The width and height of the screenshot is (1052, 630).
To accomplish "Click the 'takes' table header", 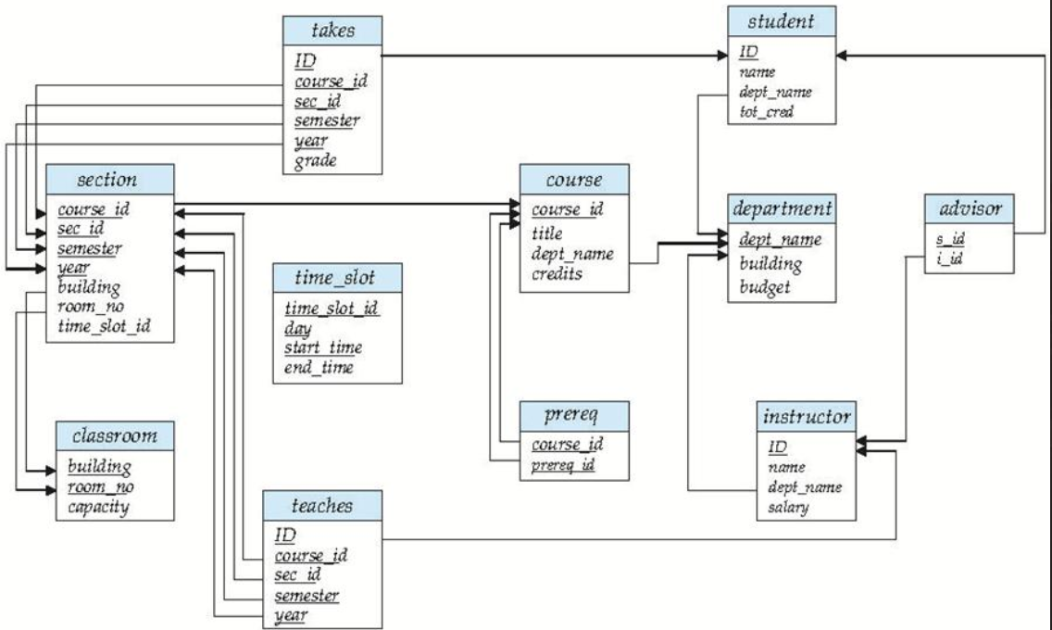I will (332, 31).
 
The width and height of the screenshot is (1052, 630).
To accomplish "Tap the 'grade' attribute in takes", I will (316, 160).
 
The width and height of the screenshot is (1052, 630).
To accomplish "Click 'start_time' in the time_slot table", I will (324, 348).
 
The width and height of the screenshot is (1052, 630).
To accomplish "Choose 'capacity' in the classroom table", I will (98, 506).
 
